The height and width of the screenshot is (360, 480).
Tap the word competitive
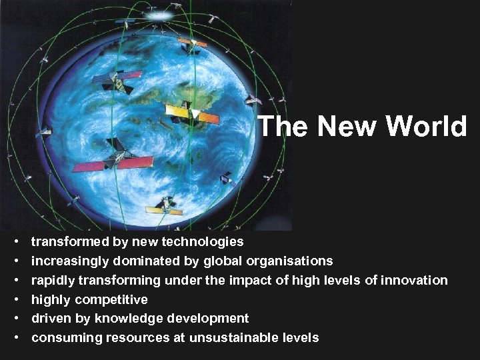[111, 299]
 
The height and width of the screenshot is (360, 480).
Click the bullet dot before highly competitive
[15, 299]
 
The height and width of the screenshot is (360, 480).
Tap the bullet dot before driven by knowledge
[15, 319]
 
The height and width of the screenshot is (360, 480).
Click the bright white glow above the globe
[157, 13]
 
